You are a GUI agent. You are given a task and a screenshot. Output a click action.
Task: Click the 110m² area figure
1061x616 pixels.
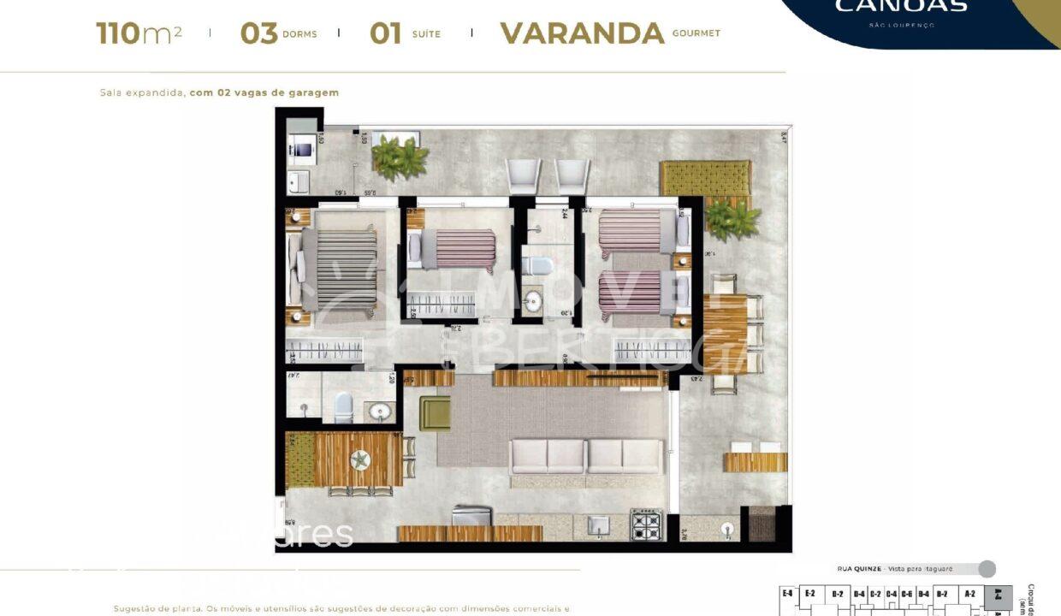[x=139, y=33]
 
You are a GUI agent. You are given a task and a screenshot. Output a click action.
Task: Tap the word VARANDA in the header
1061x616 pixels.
[x=582, y=33]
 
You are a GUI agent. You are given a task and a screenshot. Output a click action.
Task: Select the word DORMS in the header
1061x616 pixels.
[x=299, y=34]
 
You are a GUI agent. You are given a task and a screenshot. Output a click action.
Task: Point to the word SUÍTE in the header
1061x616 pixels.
[x=425, y=34]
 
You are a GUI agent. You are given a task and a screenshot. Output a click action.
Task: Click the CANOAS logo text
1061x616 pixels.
[x=900, y=7]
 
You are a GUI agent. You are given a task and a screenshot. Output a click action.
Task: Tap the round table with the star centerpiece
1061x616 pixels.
[x=359, y=460]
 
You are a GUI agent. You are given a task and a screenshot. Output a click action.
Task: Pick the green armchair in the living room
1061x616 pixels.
[x=435, y=414]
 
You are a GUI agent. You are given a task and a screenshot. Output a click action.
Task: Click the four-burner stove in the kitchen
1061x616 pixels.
[x=646, y=524]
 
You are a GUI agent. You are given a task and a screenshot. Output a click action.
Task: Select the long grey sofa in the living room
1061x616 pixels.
[x=586, y=456]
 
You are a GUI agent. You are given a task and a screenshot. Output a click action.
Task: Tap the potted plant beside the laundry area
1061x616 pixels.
[x=400, y=158]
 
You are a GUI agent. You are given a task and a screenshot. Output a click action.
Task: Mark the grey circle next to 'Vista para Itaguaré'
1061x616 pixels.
[x=987, y=569]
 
